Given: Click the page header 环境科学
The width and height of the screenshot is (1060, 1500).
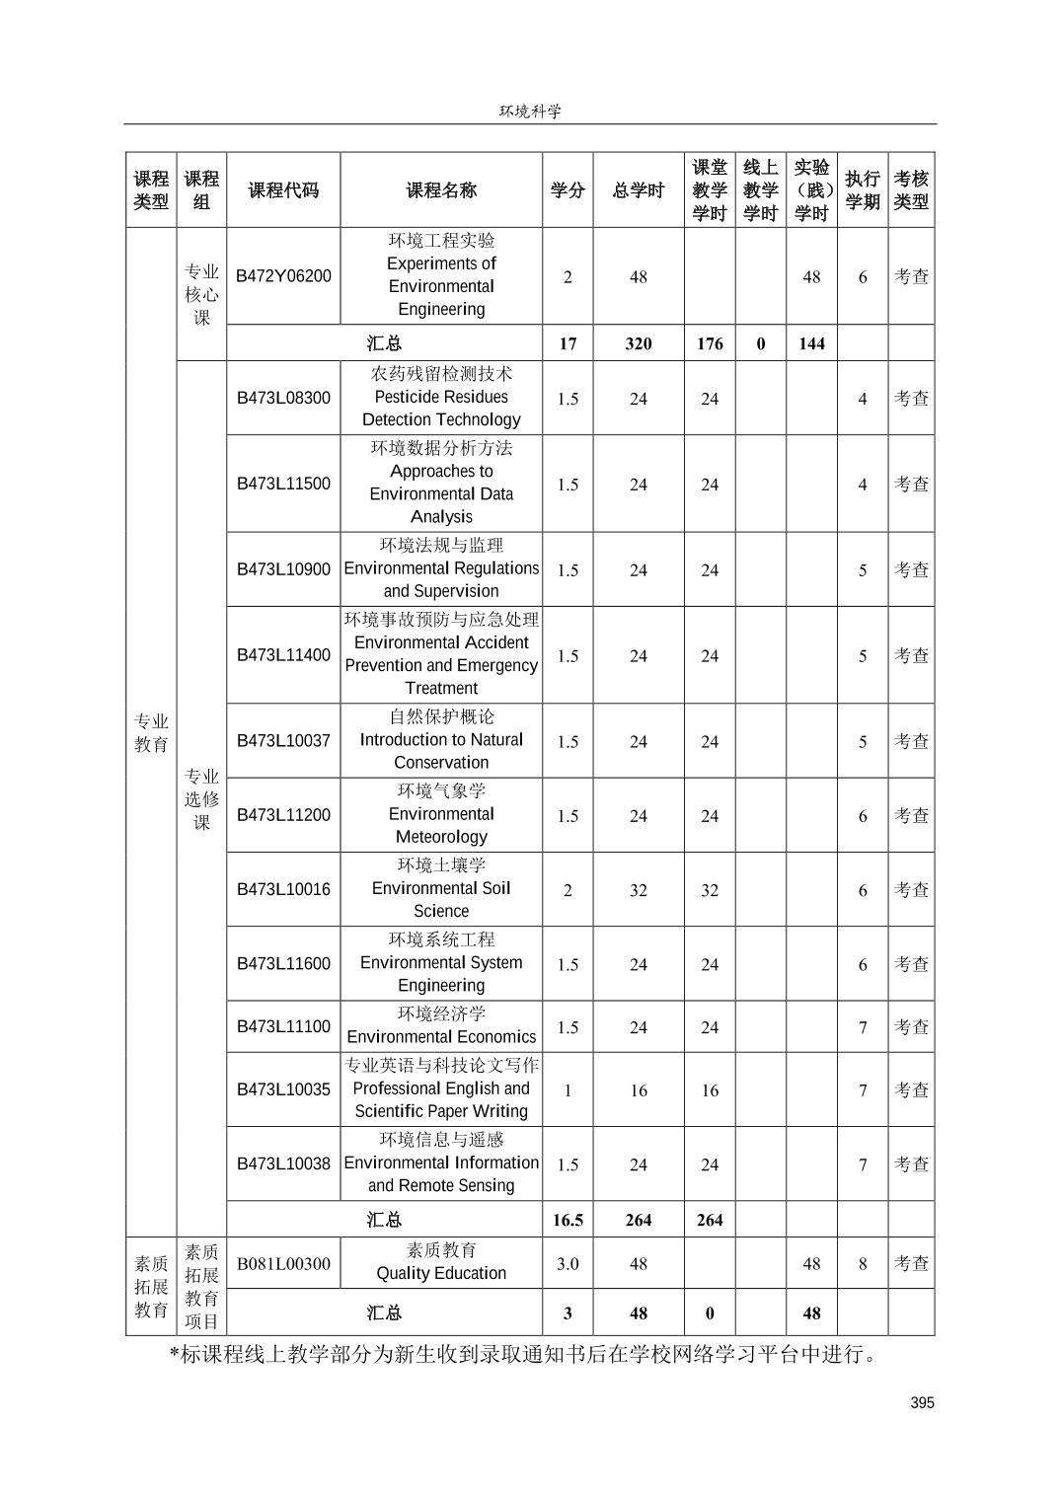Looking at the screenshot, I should (x=530, y=112).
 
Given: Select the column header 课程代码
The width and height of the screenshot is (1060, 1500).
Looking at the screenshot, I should (x=283, y=190).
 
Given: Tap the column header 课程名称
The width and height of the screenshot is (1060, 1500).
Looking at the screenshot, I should (x=441, y=190).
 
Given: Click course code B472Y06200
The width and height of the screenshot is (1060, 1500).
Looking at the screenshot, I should (x=283, y=276).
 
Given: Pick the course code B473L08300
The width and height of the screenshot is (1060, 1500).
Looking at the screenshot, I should (x=283, y=398).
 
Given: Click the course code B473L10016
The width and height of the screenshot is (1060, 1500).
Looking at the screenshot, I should (x=283, y=889).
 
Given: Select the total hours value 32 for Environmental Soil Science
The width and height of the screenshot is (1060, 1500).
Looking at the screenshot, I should (x=639, y=890).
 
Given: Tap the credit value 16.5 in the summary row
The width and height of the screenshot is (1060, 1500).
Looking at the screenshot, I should (x=568, y=1220).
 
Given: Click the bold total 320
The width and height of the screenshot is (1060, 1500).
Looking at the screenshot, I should (x=639, y=343).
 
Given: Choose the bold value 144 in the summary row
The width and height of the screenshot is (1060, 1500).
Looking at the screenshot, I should (x=811, y=343).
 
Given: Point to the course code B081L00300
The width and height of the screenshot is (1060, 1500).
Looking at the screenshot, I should (x=283, y=1263).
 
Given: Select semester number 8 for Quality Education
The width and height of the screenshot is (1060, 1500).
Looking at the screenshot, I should (x=863, y=1263).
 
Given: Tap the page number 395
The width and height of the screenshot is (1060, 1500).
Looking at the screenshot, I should (x=922, y=1403).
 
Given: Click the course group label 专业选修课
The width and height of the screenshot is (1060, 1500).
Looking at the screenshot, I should (x=201, y=798).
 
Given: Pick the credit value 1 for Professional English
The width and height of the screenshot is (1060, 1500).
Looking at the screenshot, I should (x=568, y=1090).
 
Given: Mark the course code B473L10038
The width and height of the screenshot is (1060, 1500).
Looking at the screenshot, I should (x=283, y=1163).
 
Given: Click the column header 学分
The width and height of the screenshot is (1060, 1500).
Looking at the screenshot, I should (x=568, y=190).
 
